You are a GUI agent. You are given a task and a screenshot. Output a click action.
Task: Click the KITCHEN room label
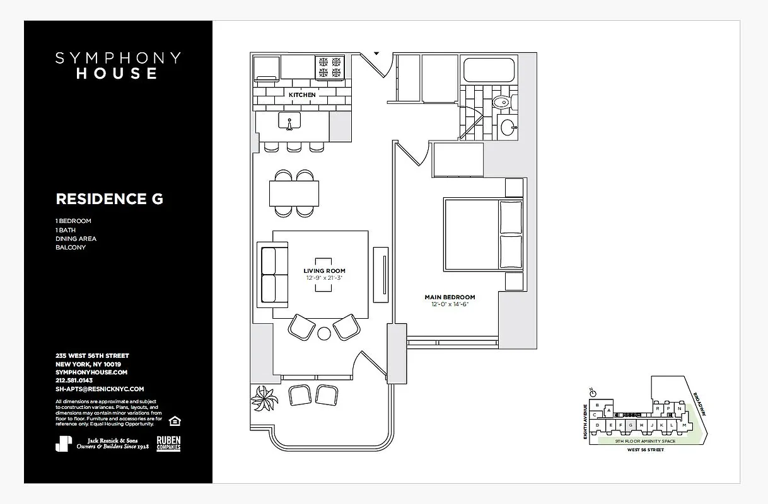pyautogui.click(x=302, y=95)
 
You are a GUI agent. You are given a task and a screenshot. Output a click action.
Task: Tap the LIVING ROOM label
pyautogui.click(x=324, y=271)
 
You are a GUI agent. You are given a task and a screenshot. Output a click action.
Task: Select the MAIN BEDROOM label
pyautogui.click(x=450, y=297)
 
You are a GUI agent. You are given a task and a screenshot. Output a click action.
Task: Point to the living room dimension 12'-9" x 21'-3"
pyautogui.click(x=325, y=278)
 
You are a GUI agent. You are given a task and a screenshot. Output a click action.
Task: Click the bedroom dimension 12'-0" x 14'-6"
pyautogui.click(x=450, y=304)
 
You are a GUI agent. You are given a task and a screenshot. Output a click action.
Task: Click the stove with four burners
pyautogui.click(x=330, y=68)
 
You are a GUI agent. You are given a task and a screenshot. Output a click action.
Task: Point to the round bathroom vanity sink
pyautogui.click(x=508, y=128)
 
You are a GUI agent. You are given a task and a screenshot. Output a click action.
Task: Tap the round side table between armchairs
pyautogui.click(x=325, y=333)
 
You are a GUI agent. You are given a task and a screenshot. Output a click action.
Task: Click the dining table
pyautogui.click(x=294, y=193)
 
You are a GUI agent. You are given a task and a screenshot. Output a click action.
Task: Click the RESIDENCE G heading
pyautogui.click(x=109, y=199)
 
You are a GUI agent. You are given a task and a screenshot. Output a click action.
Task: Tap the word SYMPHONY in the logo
pyautogui.click(x=118, y=59)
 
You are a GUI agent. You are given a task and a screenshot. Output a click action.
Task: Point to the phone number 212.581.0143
pyautogui.click(x=74, y=381)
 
